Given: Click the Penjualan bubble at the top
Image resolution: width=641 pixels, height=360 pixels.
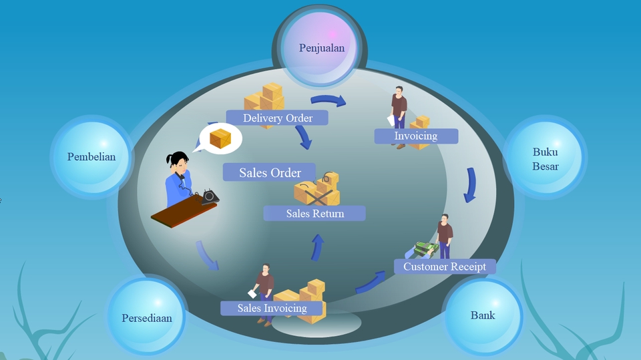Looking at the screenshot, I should click(322, 48).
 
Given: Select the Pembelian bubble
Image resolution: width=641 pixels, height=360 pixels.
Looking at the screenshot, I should click(91, 158).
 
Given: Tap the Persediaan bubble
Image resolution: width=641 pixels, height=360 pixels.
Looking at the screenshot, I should click(146, 318).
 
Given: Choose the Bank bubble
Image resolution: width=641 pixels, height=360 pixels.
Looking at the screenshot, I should click(483, 315).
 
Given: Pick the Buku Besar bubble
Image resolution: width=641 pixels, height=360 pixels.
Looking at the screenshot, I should click(545, 158).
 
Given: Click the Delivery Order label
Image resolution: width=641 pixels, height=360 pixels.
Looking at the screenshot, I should click(278, 118).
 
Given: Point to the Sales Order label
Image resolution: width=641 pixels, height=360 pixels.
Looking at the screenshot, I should click(270, 173).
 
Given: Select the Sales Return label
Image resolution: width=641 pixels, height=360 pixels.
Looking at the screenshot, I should click(314, 214).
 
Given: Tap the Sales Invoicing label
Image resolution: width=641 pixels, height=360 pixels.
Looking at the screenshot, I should click(272, 308).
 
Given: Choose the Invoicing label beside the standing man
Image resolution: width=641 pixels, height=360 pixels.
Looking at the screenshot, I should click(415, 136).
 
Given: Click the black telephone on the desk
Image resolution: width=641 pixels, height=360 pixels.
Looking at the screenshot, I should click(210, 196).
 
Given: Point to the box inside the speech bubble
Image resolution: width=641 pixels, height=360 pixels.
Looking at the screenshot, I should click(220, 139).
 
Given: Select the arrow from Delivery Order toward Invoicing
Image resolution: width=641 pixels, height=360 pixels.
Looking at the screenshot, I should click(329, 101).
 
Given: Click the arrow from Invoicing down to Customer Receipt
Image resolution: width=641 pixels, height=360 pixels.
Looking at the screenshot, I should click(471, 184).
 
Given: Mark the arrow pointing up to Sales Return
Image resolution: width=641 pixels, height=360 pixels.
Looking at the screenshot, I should click(318, 246).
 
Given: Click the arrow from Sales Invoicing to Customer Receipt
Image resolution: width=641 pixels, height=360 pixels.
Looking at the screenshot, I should click(371, 283).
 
